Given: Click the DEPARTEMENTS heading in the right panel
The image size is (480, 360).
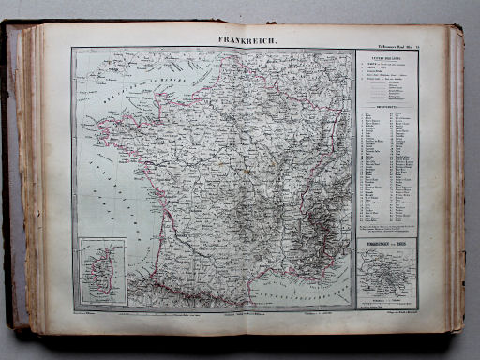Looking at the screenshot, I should (x=386, y=106).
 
